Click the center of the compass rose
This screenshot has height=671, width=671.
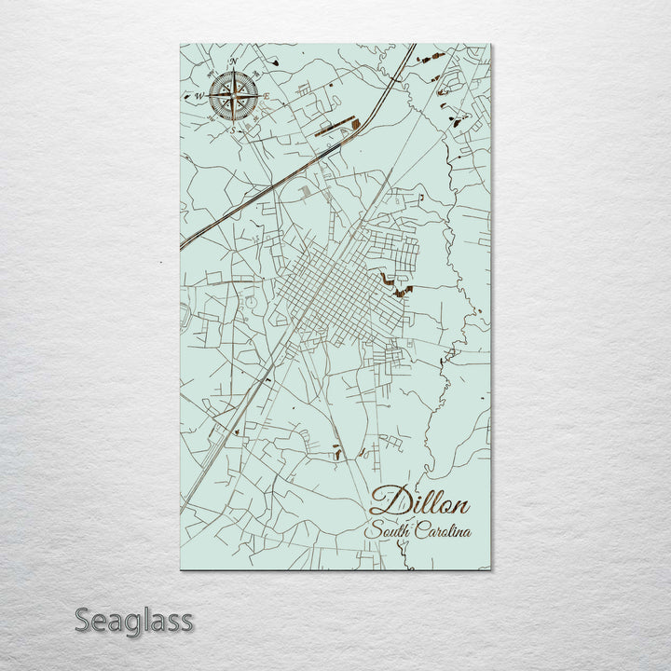(x=234, y=95)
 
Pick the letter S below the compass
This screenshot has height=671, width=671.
(x=233, y=130)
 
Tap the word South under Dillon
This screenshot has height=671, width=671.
(x=390, y=532)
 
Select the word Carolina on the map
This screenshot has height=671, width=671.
(x=444, y=532)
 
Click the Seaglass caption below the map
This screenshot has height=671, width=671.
(x=133, y=620)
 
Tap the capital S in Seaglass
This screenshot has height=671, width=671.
(x=84, y=620)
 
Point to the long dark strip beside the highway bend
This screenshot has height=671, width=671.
(x=335, y=127)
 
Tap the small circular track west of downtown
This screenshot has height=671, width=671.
(x=251, y=304)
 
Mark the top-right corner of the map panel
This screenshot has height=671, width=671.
(x=490, y=44)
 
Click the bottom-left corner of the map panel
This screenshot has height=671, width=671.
(x=180, y=569)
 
